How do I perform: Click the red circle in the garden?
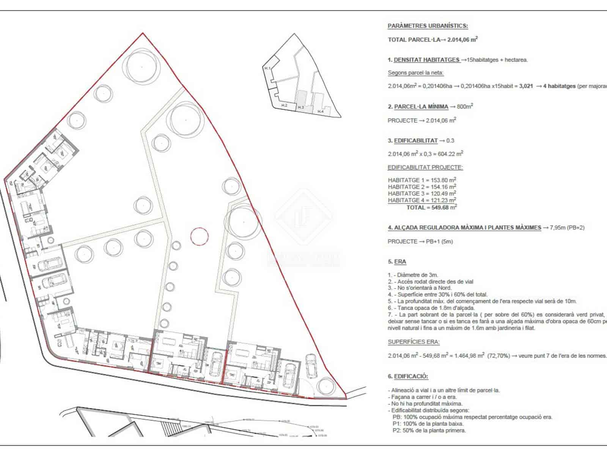coord(199,237)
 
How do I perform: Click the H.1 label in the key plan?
coord(267,68)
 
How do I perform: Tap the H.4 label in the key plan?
coord(321,111)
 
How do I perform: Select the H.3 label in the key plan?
coord(301,108)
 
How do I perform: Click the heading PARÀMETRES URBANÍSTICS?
coord(428,26)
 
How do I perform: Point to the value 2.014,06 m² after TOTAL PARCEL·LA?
coord(462,39)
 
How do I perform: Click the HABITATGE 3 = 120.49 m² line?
coord(421,193)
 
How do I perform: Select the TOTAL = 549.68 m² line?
coord(431,207)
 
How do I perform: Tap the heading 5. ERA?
coord(397,262)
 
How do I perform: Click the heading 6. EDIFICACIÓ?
coord(407,377)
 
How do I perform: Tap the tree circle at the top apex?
coord(142,66)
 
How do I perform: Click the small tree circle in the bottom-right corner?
coord(325,386)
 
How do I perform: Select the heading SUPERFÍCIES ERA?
coord(414,342)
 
